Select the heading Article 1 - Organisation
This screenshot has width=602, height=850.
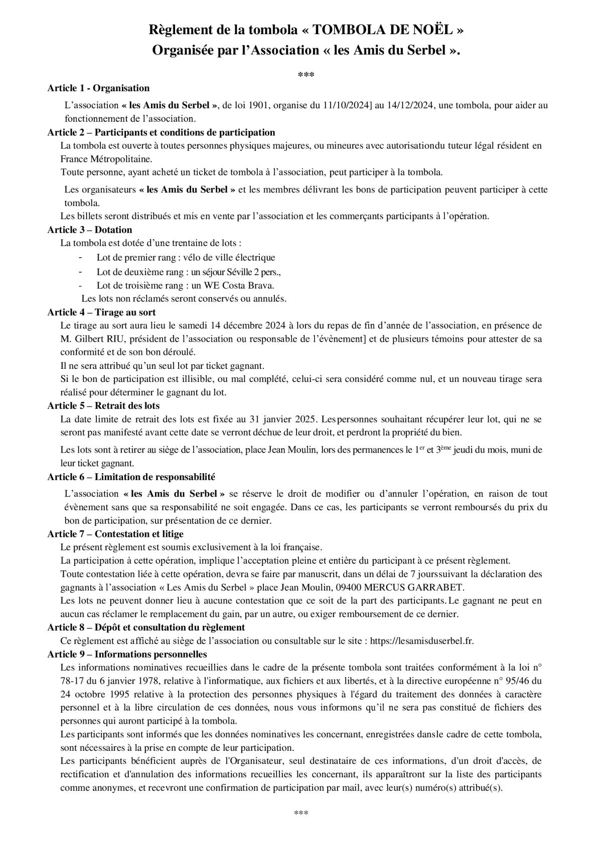[x=98, y=88]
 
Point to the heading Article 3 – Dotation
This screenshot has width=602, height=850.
[x=90, y=230]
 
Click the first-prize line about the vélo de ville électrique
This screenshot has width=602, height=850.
[x=186, y=258]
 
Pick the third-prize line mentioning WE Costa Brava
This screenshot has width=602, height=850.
[x=186, y=285]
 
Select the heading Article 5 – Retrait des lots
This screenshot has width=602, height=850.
[x=103, y=405]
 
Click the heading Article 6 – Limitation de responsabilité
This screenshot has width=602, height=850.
[x=131, y=477]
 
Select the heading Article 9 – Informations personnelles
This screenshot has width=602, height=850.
[x=127, y=654]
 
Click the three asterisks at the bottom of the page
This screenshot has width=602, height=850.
[x=300, y=813]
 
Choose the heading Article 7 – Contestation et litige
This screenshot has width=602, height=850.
[x=115, y=534]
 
